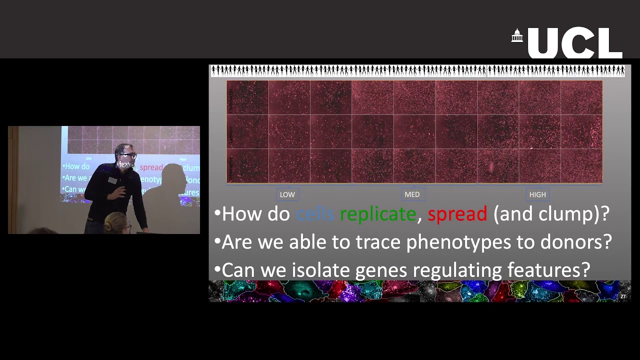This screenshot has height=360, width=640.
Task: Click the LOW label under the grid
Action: pos(287,194)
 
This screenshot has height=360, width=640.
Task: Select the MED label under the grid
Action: pos(412,194)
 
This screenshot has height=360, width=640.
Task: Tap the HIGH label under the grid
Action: pos(537,194)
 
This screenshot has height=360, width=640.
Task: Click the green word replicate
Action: pos(377,214)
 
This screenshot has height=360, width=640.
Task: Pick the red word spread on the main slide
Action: pos(457,214)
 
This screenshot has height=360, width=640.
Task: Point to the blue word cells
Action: pos(314,214)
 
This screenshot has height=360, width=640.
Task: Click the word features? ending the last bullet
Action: pos(548,270)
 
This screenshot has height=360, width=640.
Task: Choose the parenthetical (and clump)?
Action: pos(551,214)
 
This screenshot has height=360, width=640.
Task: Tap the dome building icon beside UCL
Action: pos(517,36)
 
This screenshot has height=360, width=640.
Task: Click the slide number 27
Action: pos(623,296)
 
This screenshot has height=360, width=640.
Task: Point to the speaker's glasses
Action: pos(127,155)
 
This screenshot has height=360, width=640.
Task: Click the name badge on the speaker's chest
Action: pos(112,180)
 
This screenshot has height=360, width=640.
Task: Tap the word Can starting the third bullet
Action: pos(237,270)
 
